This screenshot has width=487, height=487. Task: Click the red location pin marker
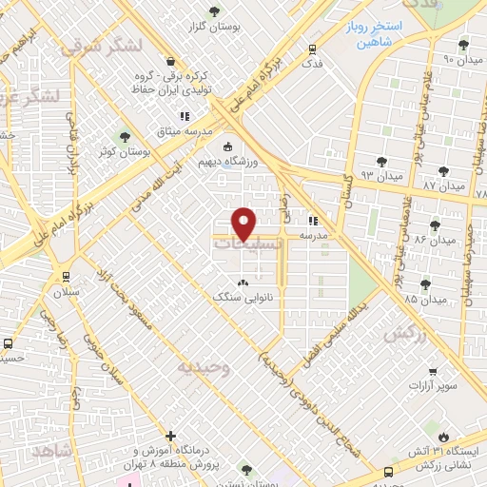244,224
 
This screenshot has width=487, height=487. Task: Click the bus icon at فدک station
312,49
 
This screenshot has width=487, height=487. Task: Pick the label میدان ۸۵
424,299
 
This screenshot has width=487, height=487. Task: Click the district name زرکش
403,335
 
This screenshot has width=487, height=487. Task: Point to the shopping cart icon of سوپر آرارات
433,372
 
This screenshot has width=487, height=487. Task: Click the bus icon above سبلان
65,277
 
